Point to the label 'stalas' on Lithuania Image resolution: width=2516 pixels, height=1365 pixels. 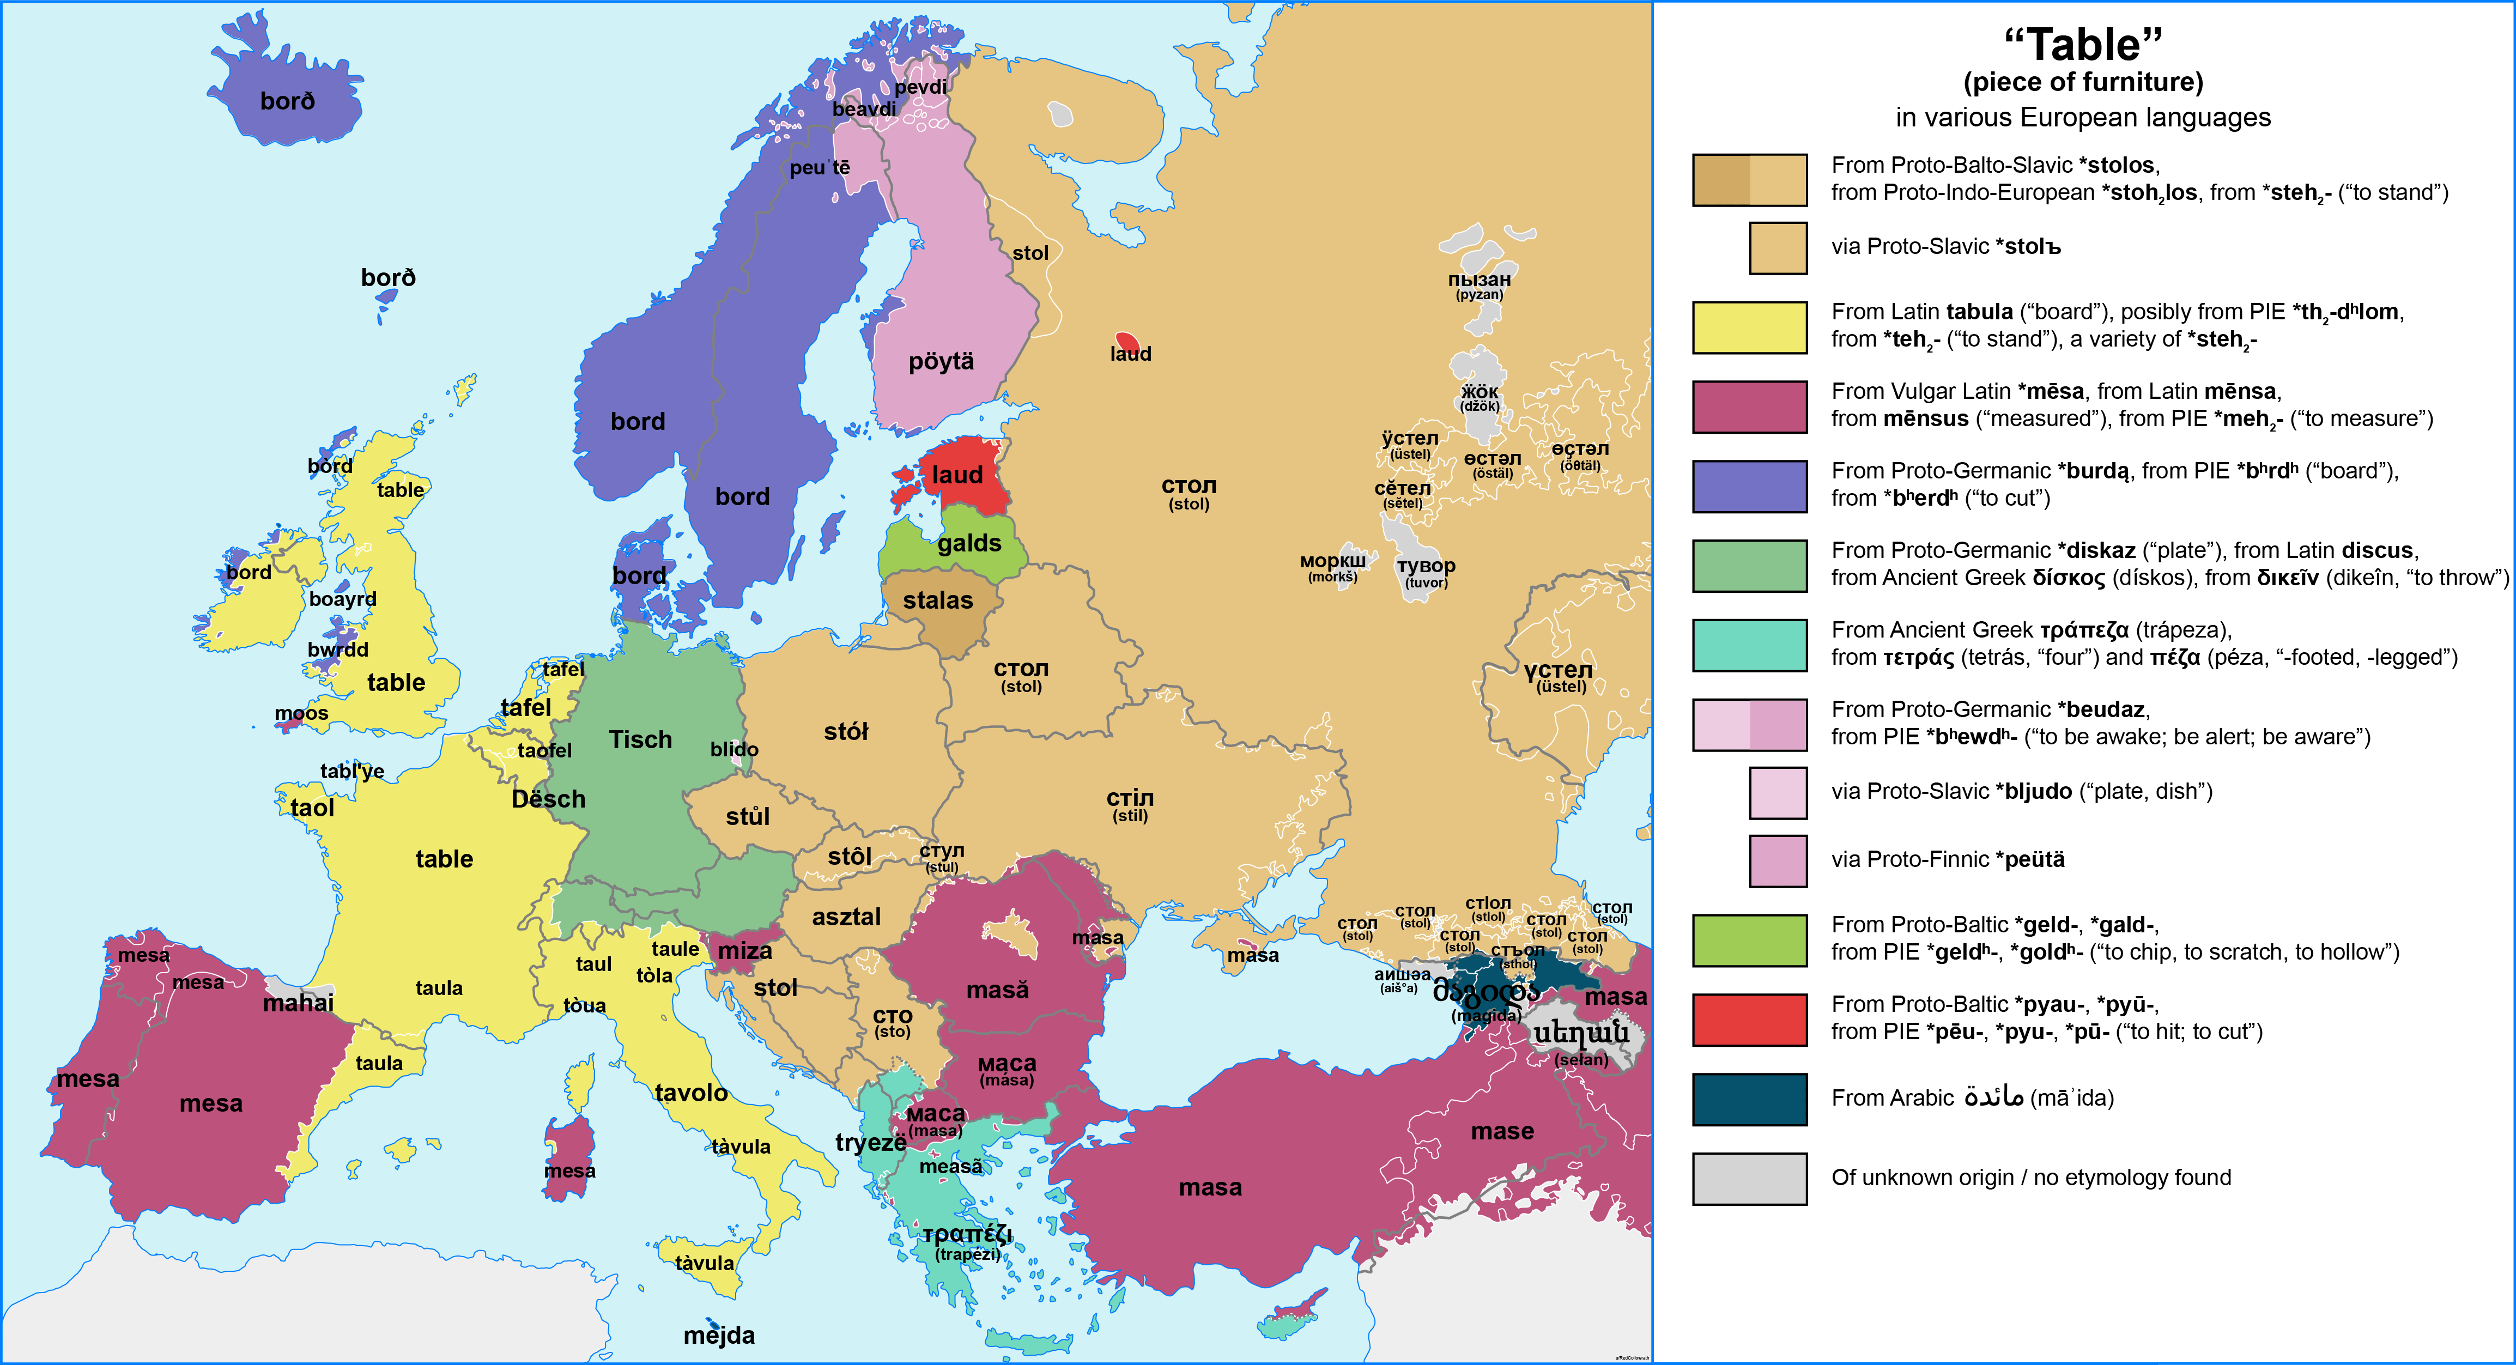coord(938,600)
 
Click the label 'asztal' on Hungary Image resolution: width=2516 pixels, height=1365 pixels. coord(846,917)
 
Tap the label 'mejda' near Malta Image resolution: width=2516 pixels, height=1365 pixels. coord(719,1334)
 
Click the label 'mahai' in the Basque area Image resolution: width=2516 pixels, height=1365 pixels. coord(298,1003)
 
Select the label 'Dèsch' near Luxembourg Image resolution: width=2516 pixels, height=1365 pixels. coord(548,799)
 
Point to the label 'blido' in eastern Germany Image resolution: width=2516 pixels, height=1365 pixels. coord(733,749)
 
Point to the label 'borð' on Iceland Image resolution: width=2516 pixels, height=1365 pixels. coord(287,101)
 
